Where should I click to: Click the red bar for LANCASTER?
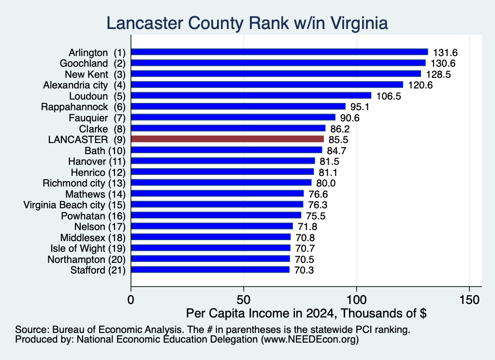pos(227,139)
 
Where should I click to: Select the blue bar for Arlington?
pos(279,52)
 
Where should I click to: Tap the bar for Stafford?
pos(210,270)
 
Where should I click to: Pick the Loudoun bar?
pos(251,96)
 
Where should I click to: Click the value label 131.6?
pos(445,53)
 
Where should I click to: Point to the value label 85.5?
pos(338,140)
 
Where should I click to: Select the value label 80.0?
pos(326,183)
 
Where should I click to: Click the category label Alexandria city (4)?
pos(84,85)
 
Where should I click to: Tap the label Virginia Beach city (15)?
pos(74,205)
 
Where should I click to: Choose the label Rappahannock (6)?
pos(83,107)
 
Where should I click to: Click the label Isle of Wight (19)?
pos(88,249)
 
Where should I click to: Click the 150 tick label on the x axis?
pos(469,300)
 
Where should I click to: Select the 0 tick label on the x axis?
pos(131,300)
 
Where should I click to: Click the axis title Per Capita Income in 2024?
pos(260,313)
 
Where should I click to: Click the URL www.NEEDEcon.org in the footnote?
pos(309,339)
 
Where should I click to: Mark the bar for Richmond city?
pos(221,183)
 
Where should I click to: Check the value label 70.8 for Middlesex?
pos(305,238)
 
